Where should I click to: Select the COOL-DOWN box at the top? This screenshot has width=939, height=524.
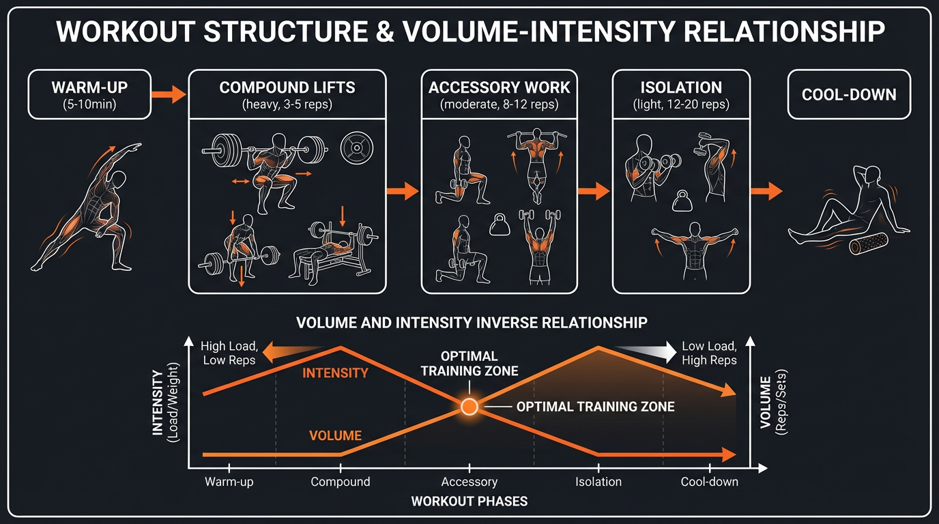point(848,94)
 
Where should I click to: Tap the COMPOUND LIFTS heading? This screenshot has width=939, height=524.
point(287,87)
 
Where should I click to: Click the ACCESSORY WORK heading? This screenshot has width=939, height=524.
point(500,87)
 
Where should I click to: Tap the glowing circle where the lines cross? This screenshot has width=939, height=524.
point(469,407)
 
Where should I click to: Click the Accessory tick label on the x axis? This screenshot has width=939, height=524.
point(470,482)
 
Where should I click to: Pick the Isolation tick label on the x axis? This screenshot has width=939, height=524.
point(598,482)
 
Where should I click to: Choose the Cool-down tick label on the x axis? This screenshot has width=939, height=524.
point(710,482)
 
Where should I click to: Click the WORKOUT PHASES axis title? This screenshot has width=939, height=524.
point(470,501)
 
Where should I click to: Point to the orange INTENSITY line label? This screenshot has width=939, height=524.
point(335,373)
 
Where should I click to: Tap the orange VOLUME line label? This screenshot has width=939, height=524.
point(335,435)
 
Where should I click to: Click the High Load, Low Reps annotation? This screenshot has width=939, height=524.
point(228,353)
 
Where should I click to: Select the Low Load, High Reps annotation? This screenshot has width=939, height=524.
point(709,353)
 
